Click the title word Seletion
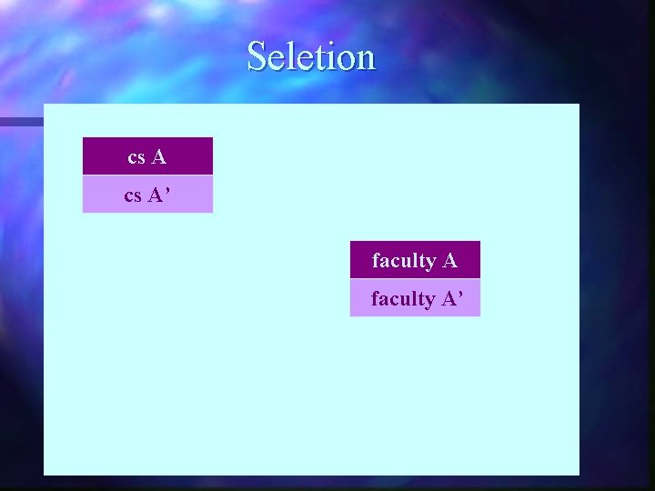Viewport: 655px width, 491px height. pos(310,56)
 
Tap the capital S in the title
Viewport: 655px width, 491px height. pos(257,56)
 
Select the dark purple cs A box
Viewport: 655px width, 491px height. pos(147,156)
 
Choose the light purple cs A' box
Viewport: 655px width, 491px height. pos(147,195)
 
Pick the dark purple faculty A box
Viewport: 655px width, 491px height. pos(415,260)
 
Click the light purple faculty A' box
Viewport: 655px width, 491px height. pos(415,298)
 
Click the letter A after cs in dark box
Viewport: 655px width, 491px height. pos(159,157)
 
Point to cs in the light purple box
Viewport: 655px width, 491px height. pos(133,196)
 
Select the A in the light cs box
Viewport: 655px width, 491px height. pos(156,195)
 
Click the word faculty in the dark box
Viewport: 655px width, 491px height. pos(404,261)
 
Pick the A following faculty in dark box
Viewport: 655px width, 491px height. pos(449,261)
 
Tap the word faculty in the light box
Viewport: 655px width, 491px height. pos(403,299)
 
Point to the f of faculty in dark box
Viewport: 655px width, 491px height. pos(376,260)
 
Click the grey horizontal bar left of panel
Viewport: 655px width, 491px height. pos(21,121)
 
